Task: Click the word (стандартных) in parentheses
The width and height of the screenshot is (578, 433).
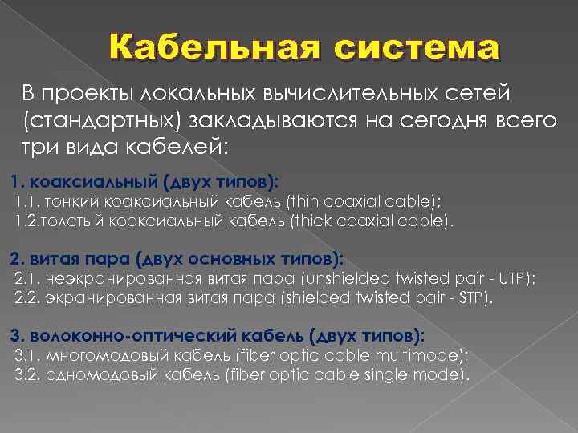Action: coord(100,121)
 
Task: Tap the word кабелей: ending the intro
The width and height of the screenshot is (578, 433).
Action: coord(188,148)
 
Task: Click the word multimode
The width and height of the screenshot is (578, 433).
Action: coord(415,356)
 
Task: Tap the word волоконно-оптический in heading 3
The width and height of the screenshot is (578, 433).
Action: coord(96,334)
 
